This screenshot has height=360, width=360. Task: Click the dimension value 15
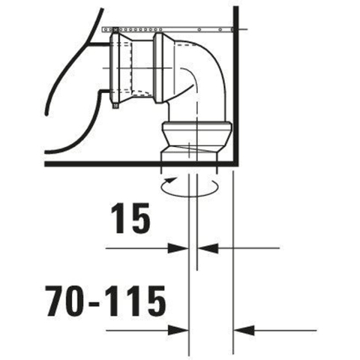click(x=130, y=218)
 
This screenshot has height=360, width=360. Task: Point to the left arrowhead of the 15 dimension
click(x=178, y=248)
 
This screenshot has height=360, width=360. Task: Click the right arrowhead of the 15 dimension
click(x=208, y=248)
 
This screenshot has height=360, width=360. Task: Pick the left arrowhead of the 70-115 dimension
click(x=178, y=331)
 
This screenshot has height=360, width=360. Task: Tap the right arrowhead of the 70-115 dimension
click(x=244, y=331)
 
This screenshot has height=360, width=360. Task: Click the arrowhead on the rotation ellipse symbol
click(x=172, y=179)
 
